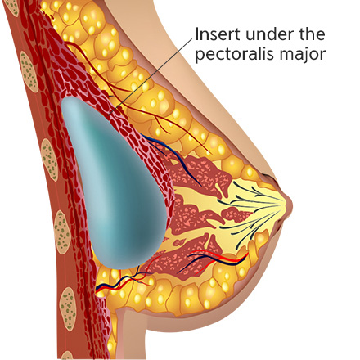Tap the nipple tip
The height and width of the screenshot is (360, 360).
290,204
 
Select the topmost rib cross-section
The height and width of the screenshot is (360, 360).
13,7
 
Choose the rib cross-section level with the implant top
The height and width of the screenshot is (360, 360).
29,72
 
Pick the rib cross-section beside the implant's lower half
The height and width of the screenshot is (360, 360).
62,232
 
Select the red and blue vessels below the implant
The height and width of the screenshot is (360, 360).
123,281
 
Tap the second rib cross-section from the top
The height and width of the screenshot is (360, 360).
29,72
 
